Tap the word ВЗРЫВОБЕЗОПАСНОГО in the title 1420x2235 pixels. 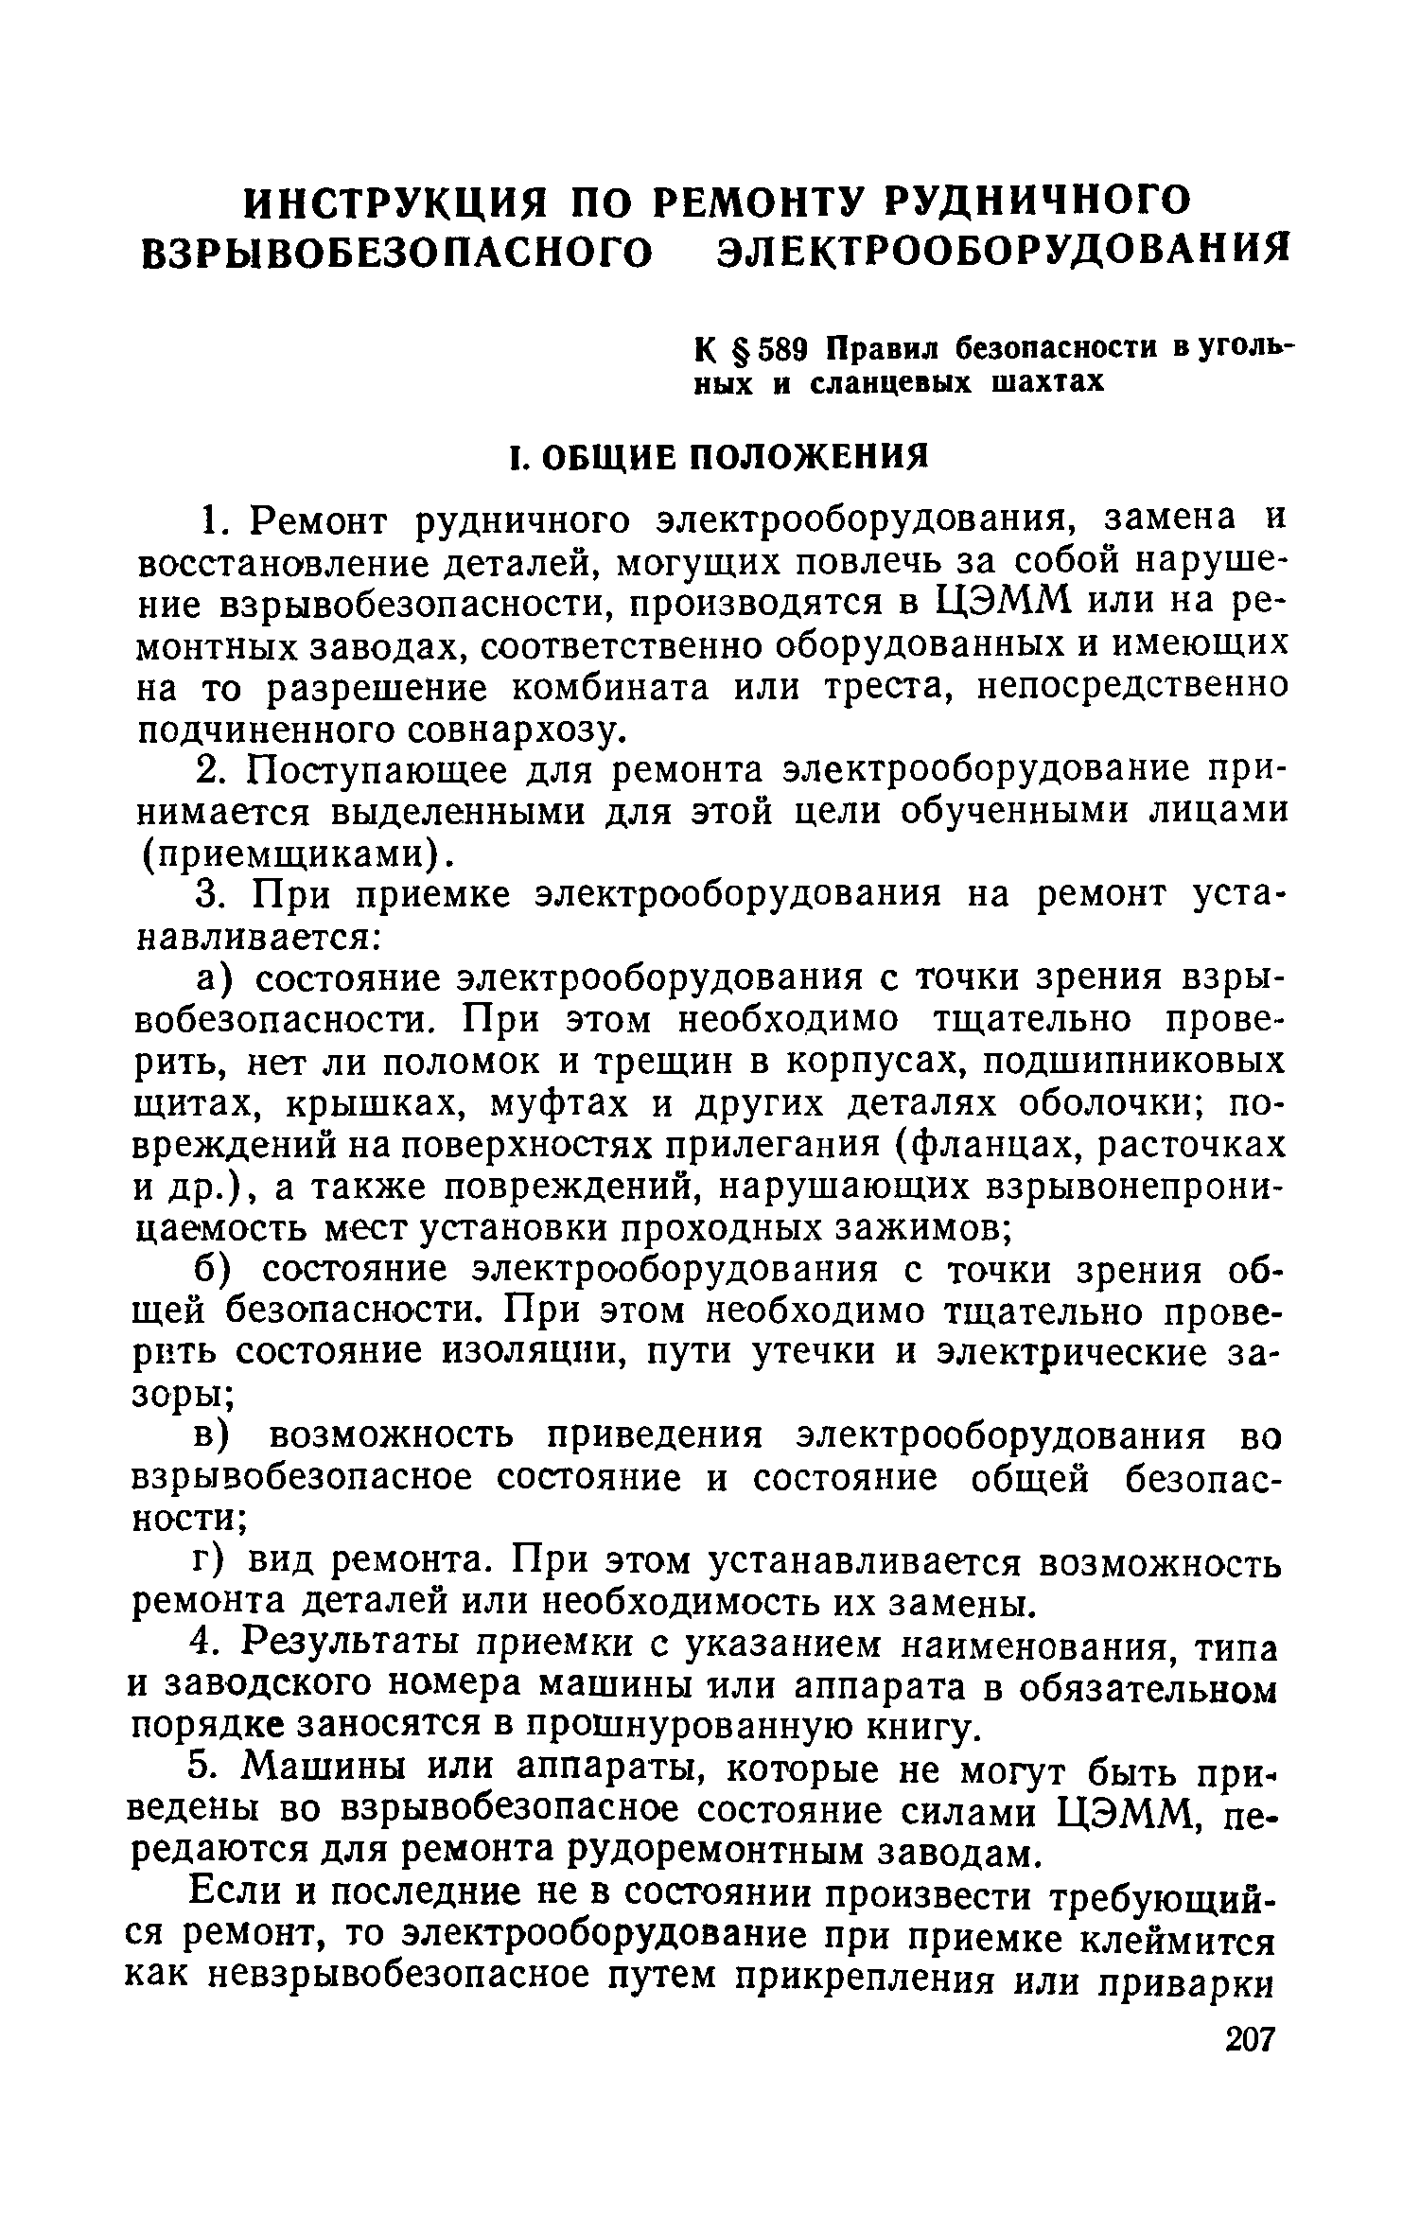397,251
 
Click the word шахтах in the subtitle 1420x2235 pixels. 1048,382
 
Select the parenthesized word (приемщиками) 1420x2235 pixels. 293,854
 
